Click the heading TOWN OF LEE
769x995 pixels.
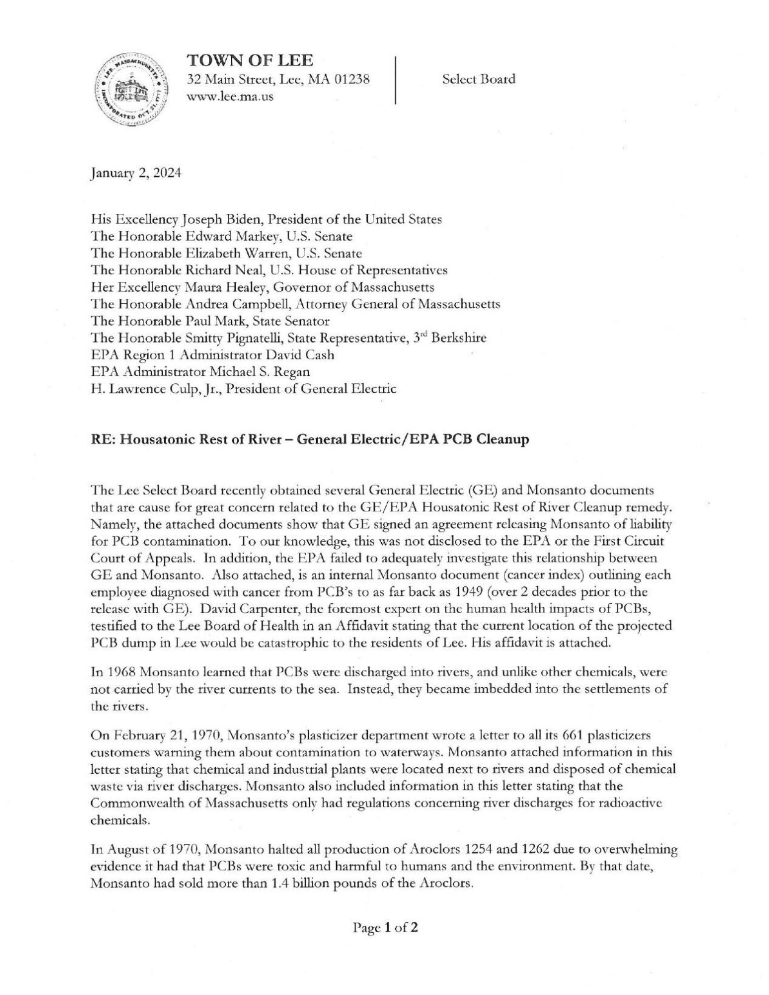(x=250, y=60)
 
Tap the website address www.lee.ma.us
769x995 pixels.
(x=230, y=96)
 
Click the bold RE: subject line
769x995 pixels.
(x=309, y=439)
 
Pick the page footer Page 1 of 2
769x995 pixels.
(x=385, y=928)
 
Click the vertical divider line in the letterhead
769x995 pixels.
(x=396, y=80)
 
